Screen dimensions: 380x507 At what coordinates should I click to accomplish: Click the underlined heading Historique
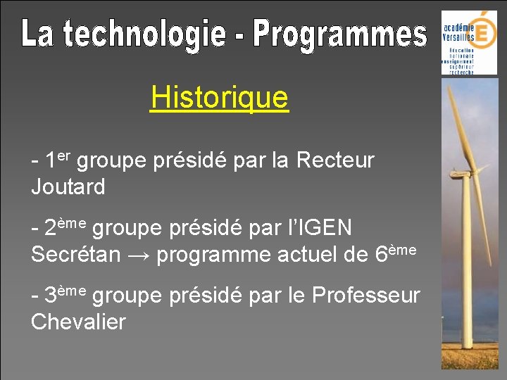(219, 98)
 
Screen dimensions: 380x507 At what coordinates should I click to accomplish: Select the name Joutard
(68, 187)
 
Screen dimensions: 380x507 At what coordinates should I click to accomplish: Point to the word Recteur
(335, 160)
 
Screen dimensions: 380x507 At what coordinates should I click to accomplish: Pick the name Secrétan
(76, 255)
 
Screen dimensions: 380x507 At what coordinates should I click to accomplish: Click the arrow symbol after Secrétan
(139, 255)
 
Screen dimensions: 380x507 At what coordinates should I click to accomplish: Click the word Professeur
(365, 296)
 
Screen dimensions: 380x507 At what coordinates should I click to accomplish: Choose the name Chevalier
(78, 322)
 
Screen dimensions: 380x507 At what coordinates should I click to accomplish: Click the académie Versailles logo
(468, 42)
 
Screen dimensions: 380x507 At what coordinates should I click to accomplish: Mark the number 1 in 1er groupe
(50, 161)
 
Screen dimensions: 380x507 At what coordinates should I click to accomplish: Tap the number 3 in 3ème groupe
(51, 296)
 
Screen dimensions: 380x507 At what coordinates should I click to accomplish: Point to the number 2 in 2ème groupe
(51, 229)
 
